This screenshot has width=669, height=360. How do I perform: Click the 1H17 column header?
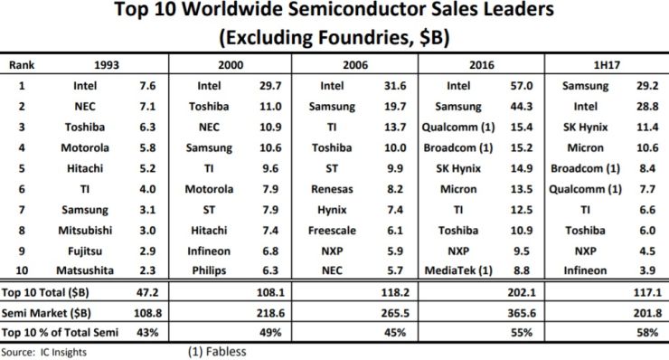tap(607, 65)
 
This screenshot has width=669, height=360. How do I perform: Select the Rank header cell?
tap(22, 65)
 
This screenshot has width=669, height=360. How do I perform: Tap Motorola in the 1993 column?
tap(85, 147)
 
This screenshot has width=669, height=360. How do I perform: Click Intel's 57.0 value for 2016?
tap(522, 86)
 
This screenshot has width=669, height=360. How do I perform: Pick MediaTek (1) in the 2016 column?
tap(458, 270)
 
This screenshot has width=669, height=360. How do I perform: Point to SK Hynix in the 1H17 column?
tap(586, 128)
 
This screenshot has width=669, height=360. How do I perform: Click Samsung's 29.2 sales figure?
tap(647, 86)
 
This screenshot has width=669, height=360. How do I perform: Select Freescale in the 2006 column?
tap(332, 231)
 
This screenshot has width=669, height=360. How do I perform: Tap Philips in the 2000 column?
tap(209, 270)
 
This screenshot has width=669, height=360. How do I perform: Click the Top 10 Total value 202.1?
tap(522, 292)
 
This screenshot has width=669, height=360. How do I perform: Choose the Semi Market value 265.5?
tap(395, 313)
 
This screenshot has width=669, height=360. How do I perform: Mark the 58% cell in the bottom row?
tap(647, 332)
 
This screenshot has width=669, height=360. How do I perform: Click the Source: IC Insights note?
tap(44, 353)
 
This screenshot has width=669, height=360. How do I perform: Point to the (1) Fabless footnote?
tap(217, 352)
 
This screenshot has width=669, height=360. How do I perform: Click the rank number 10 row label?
tap(22, 270)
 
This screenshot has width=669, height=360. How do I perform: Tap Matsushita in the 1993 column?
tap(85, 270)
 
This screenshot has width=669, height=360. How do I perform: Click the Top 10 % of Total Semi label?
tap(60, 332)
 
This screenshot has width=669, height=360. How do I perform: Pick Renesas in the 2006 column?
tap(332, 189)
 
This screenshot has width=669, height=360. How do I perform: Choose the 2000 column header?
tap(231, 65)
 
